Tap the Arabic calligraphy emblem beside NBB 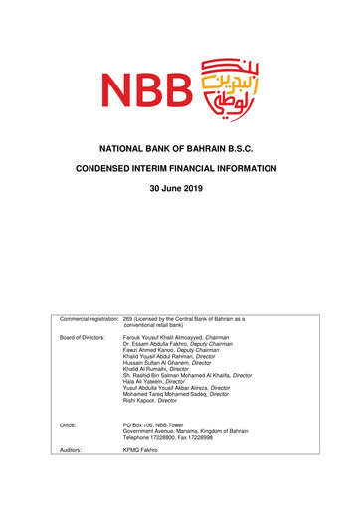pyautogui.click(x=224, y=86)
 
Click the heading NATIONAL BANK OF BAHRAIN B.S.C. pyautogui.click(x=180, y=148)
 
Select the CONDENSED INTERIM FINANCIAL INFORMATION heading pyautogui.click(x=180, y=170)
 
